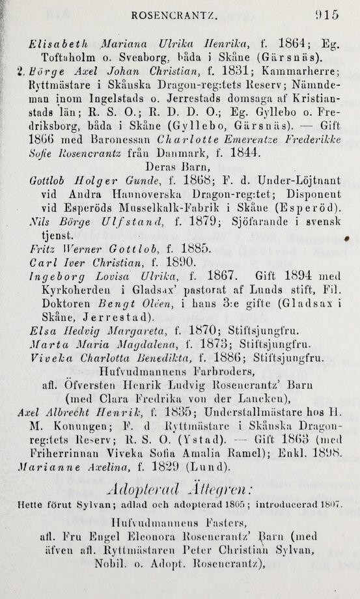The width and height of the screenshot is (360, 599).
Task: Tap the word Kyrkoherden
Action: click(x=74, y=294)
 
